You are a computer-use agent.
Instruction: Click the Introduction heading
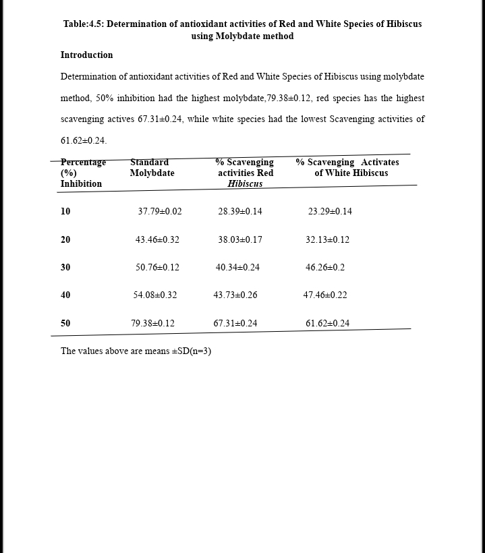tap(86, 55)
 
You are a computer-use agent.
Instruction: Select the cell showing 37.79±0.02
tap(160, 212)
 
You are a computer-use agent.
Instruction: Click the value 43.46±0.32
tap(157, 240)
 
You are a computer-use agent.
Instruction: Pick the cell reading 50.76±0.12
tap(157, 268)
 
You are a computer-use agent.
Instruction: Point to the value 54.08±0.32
tap(155, 295)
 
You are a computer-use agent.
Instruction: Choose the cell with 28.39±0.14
tap(240, 212)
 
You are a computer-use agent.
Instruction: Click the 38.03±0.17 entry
tap(240, 240)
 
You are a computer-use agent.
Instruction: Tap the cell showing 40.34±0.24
tap(237, 268)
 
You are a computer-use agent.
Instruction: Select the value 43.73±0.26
tap(235, 295)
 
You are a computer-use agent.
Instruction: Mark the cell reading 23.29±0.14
tap(330, 212)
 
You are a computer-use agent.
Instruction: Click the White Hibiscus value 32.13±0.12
tap(327, 240)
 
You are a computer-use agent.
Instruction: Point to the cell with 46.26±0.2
tap(325, 268)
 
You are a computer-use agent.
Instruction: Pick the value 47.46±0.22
tap(325, 295)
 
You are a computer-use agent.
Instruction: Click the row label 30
tap(65, 268)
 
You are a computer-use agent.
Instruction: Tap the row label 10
tap(65, 212)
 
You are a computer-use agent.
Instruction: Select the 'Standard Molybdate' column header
tap(152, 168)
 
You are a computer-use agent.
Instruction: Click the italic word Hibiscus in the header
tap(245, 184)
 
